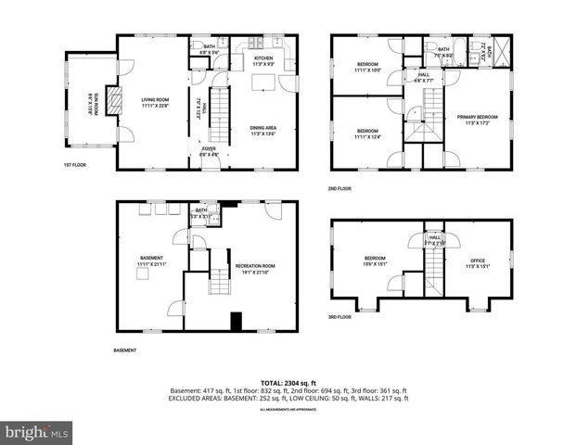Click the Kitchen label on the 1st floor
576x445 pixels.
[x=263, y=57]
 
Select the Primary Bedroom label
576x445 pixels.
[x=477, y=117]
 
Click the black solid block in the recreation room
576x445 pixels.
[x=237, y=322]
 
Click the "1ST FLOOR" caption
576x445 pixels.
[x=75, y=165]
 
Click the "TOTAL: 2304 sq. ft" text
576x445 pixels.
[x=288, y=382]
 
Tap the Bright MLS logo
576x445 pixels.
[x=37, y=432]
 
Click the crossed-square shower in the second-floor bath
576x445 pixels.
[x=504, y=49]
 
